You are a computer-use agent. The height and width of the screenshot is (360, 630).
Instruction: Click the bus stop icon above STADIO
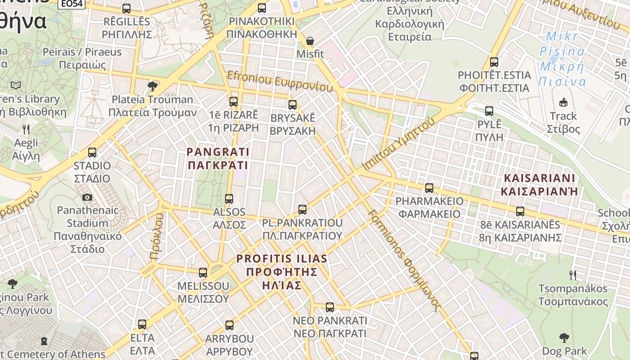(x=92, y=153)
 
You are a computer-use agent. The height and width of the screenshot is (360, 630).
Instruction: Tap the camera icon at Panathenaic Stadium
(x=87, y=197)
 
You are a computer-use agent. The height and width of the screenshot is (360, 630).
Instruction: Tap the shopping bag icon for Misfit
(x=310, y=41)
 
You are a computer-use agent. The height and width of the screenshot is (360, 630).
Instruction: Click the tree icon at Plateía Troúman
(x=153, y=85)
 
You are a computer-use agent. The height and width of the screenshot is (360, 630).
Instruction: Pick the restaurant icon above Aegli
(x=26, y=130)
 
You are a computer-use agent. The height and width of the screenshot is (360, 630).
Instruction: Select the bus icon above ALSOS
(x=229, y=198)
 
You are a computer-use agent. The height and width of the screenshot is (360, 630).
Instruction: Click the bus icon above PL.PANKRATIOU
(x=302, y=209)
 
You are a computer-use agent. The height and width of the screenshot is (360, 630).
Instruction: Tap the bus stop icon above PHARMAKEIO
(x=429, y=188)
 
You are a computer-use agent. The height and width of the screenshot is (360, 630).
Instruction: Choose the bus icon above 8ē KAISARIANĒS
(x=520, y=211)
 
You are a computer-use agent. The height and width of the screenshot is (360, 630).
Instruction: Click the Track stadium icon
(x=563, y=103)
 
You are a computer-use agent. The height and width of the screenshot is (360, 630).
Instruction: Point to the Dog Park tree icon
(x=564, y=337)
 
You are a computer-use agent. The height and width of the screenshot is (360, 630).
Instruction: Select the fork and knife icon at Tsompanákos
(x=573, y=275)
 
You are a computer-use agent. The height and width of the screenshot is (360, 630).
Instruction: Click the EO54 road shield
(x=71, y=4)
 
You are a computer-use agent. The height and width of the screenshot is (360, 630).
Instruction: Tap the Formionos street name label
(x=403, y=260)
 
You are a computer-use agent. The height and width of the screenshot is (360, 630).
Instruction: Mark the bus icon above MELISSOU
(x=203, y=272)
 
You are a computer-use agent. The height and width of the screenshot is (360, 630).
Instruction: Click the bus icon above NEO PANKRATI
(x=330, y=307)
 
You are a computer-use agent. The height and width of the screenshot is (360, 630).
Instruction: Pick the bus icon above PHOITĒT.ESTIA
(x=494, y=62)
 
